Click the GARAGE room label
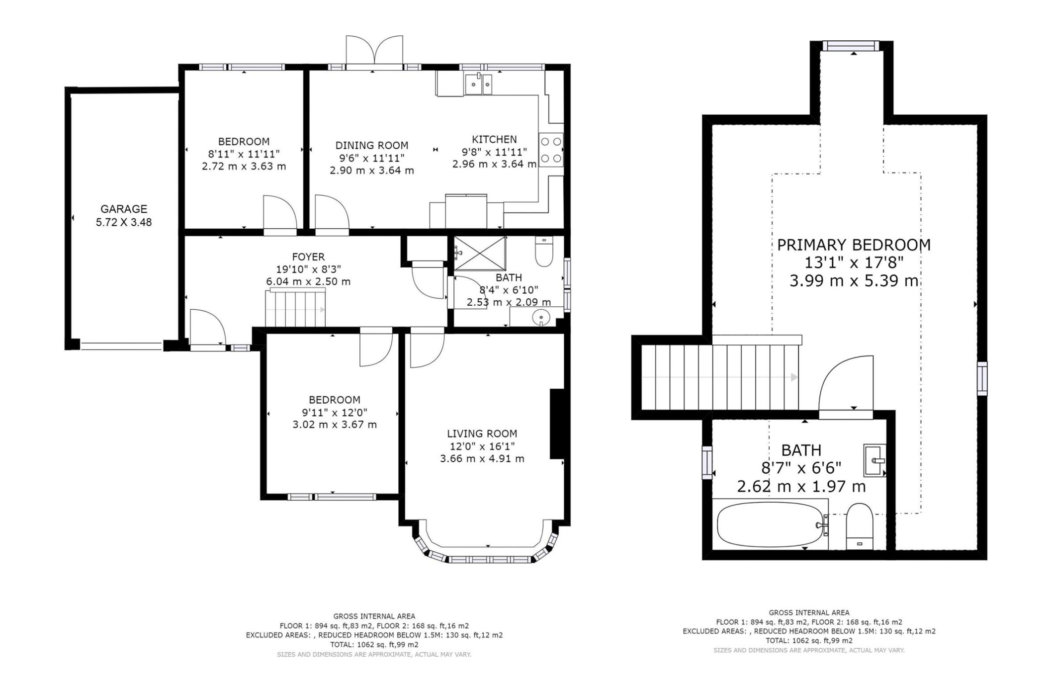tap(124, 209)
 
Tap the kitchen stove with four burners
tap(551, 150)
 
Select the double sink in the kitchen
tap(478, 84)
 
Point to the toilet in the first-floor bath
tap(544, 252)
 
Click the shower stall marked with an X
tap(480, 254)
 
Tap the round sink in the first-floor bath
tap(541, 317)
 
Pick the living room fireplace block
tap(557, 424)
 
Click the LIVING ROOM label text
tap(482, 434)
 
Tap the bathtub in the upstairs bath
tap(770, 525)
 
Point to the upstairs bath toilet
tap(860, 527)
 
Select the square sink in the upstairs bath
tap(874, 460)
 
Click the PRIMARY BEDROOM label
tap(854, 245)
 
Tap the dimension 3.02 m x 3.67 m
tap(335, 425)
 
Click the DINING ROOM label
tap(372, 146)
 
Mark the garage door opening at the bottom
tap(122, 346)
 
